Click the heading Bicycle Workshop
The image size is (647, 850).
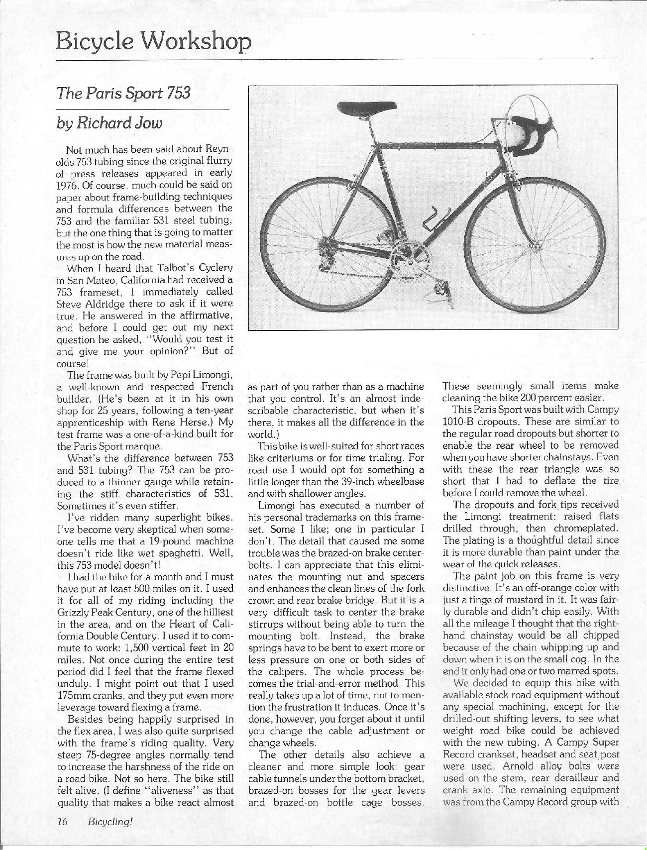click(152, 41)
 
